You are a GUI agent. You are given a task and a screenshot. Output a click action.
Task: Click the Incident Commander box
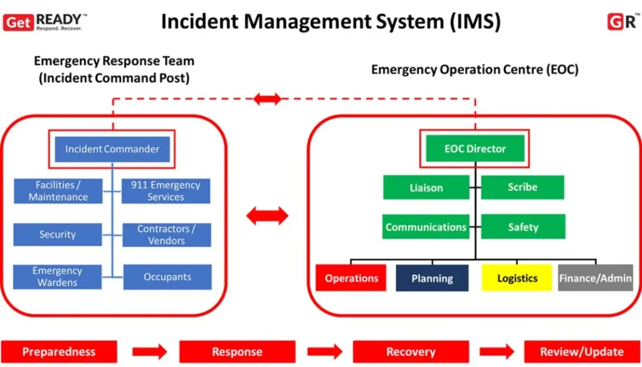(112, 149)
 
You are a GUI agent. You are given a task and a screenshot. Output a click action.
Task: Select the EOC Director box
(475, 149)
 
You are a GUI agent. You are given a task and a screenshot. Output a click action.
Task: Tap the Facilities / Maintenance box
(58, 191)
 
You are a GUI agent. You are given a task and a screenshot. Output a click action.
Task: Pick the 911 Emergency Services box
(166, 191)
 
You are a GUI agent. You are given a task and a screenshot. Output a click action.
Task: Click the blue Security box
(58, 234)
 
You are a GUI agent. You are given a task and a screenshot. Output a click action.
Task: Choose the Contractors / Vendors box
(166, 234)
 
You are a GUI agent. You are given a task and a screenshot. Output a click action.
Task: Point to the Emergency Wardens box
(58, 277)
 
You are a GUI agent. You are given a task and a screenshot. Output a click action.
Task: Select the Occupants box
(167, 277)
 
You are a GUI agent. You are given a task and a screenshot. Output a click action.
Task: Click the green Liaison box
(426, 187)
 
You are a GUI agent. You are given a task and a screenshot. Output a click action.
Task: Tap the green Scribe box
(522, 187)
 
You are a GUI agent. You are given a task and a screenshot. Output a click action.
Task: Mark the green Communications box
(426, 227)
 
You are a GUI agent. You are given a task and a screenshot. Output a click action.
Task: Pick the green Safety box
(522, 227)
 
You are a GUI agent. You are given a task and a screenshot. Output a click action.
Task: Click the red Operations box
(352, 278)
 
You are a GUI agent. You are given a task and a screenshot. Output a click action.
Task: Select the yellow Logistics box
(517, 278)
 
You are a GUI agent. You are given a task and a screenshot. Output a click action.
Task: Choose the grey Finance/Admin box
(595, 278)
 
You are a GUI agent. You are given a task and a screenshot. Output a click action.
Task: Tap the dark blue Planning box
(432, 278)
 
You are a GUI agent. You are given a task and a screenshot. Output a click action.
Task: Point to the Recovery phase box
(410, 351)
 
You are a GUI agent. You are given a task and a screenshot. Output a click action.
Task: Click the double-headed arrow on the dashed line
(267, 98)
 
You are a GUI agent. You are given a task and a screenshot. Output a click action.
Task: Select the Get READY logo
(43, 22)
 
